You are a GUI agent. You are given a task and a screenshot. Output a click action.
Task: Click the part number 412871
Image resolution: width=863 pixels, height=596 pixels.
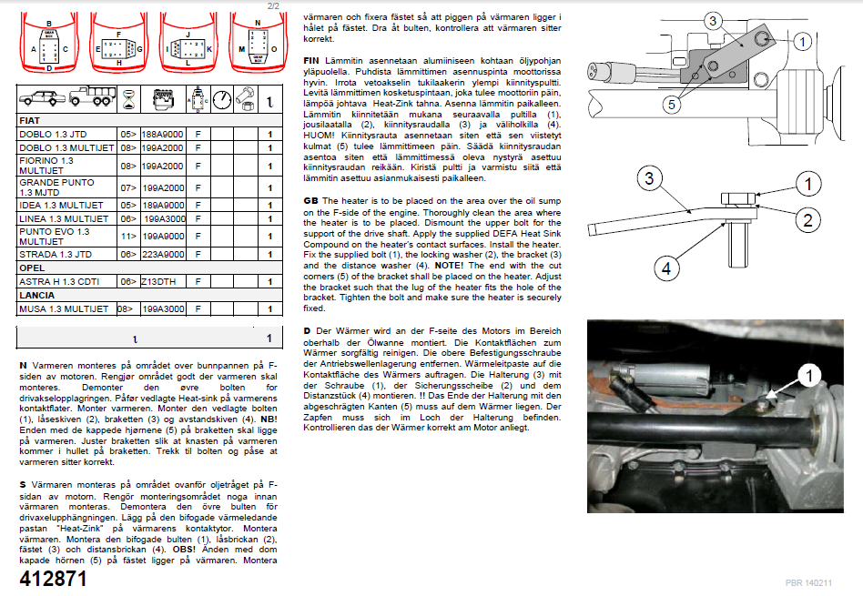pos(54,579)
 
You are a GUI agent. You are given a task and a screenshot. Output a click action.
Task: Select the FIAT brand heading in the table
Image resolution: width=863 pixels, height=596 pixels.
pos(32,120)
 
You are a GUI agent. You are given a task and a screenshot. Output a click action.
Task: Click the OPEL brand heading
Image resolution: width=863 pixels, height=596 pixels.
pos(33,268)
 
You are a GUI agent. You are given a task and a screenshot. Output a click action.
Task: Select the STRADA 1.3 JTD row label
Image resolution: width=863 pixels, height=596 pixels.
pos(56,255)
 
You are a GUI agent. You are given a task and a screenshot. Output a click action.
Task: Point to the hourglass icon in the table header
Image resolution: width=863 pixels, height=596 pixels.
pos(128,97)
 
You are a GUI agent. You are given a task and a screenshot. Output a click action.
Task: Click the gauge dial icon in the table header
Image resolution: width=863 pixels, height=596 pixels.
pos(222,97)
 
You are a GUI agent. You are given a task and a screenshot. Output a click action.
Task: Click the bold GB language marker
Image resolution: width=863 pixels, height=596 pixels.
pos(310,200)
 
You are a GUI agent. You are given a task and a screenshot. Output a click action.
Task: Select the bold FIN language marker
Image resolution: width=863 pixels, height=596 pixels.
pos(312,57)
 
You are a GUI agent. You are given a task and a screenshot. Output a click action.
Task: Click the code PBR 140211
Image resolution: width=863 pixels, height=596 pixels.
pos(808,581)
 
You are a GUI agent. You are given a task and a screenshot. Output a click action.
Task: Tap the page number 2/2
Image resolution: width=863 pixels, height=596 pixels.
pos(273,5)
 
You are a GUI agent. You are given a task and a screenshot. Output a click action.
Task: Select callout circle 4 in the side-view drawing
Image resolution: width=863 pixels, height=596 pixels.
pos(667,268)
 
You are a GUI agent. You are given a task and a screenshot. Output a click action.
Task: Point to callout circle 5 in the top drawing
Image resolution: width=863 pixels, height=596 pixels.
pos(671,105)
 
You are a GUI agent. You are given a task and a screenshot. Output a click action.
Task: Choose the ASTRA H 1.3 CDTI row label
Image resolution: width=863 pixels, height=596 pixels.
pos(60,282)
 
